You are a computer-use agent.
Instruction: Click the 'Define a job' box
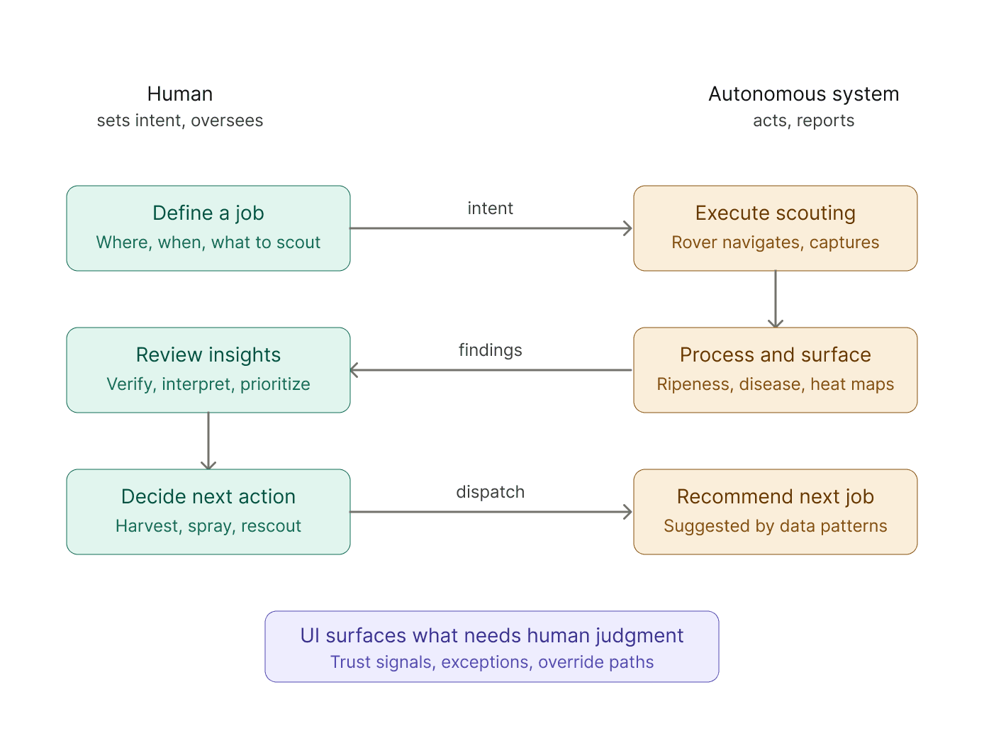208,228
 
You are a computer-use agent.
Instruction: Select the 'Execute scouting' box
775,228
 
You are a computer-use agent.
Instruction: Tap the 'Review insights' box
208,369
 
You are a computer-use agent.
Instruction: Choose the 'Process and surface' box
775,369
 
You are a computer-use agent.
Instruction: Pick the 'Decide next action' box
208,512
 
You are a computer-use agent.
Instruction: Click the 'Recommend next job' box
775,512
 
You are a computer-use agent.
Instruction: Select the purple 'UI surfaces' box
492,646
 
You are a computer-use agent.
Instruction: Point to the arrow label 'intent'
490,208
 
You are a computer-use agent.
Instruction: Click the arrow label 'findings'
490,350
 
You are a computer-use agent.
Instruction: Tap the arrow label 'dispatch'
490,492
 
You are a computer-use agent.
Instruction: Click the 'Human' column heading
180,94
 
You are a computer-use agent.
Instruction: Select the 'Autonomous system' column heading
803,94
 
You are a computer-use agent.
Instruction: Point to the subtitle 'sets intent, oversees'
180,121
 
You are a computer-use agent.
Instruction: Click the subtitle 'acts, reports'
803,121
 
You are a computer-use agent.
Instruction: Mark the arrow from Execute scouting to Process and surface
775,299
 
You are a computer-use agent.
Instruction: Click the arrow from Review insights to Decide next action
208,441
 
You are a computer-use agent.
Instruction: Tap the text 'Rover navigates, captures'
775,242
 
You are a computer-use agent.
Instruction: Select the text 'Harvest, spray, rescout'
208,526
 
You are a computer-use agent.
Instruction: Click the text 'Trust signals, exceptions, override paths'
492,662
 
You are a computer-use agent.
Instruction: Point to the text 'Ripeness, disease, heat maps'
775,384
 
